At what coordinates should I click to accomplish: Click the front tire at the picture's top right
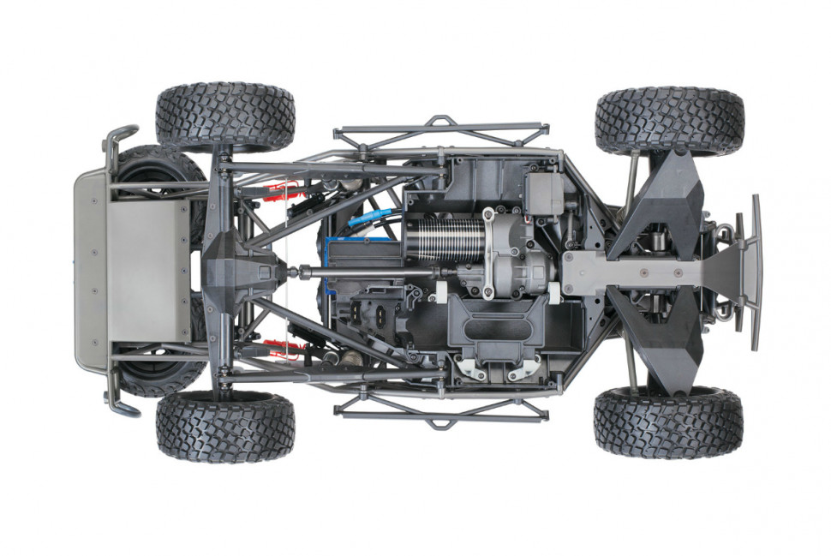coord(669,121)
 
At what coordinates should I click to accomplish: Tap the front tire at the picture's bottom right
coord(668,421)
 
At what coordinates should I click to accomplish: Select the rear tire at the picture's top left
coord(225,117)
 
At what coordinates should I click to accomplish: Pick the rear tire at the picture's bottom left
coord(225,426)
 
